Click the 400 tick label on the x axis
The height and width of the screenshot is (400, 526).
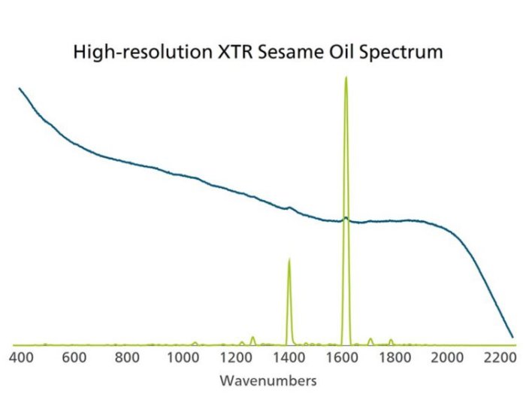[22, 357]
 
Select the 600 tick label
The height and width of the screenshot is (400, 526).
[74, 357]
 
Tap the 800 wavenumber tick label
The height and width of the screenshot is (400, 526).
[127, 357]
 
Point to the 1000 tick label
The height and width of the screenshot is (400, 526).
[180, 357]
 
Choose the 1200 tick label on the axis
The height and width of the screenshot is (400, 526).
[234, 357]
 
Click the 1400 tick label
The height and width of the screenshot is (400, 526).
[288, 357]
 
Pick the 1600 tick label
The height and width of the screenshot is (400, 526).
[341, 357]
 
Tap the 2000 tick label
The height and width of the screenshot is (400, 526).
[449, 357]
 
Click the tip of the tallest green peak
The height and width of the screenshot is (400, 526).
[346, 77]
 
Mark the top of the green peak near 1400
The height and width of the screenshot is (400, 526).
[289, 259]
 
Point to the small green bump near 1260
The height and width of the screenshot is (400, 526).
[253, 337]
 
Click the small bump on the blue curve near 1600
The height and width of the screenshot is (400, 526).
[346, 218]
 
